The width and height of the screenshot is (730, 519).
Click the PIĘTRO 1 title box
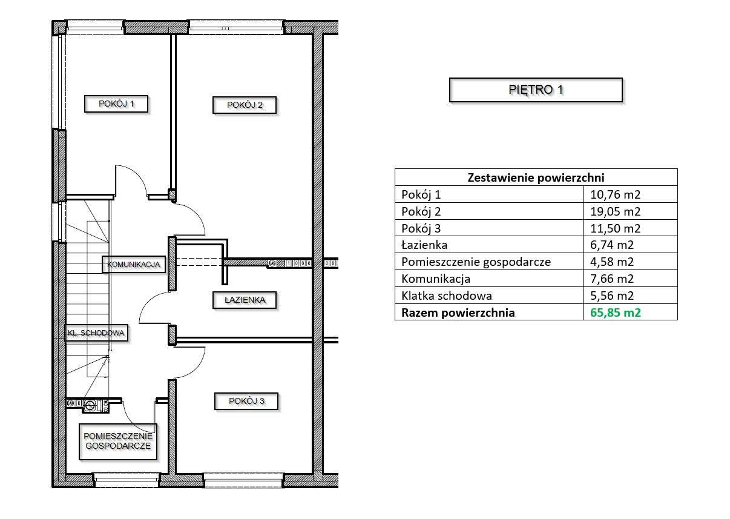[x=536, y=90]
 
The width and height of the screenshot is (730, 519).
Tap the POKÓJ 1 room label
[x=116, y=104]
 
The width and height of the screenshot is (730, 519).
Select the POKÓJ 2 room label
[x=245, y=105]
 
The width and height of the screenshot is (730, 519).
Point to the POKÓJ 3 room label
[x=246, y=401]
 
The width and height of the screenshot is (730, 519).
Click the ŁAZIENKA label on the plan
[x=245, y=300]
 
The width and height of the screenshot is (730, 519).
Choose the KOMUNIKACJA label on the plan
[x=134, y=264]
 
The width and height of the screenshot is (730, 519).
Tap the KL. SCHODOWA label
[x=97, y=332]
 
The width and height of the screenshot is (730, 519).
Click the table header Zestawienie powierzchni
[x=536, y=177]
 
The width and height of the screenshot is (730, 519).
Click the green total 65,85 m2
[x=615, y=312]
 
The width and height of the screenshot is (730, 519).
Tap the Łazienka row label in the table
[x=424, y=245]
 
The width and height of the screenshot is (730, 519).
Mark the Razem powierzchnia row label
[x=458, y=312]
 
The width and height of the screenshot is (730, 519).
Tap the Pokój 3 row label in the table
[x=421, y=228]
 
